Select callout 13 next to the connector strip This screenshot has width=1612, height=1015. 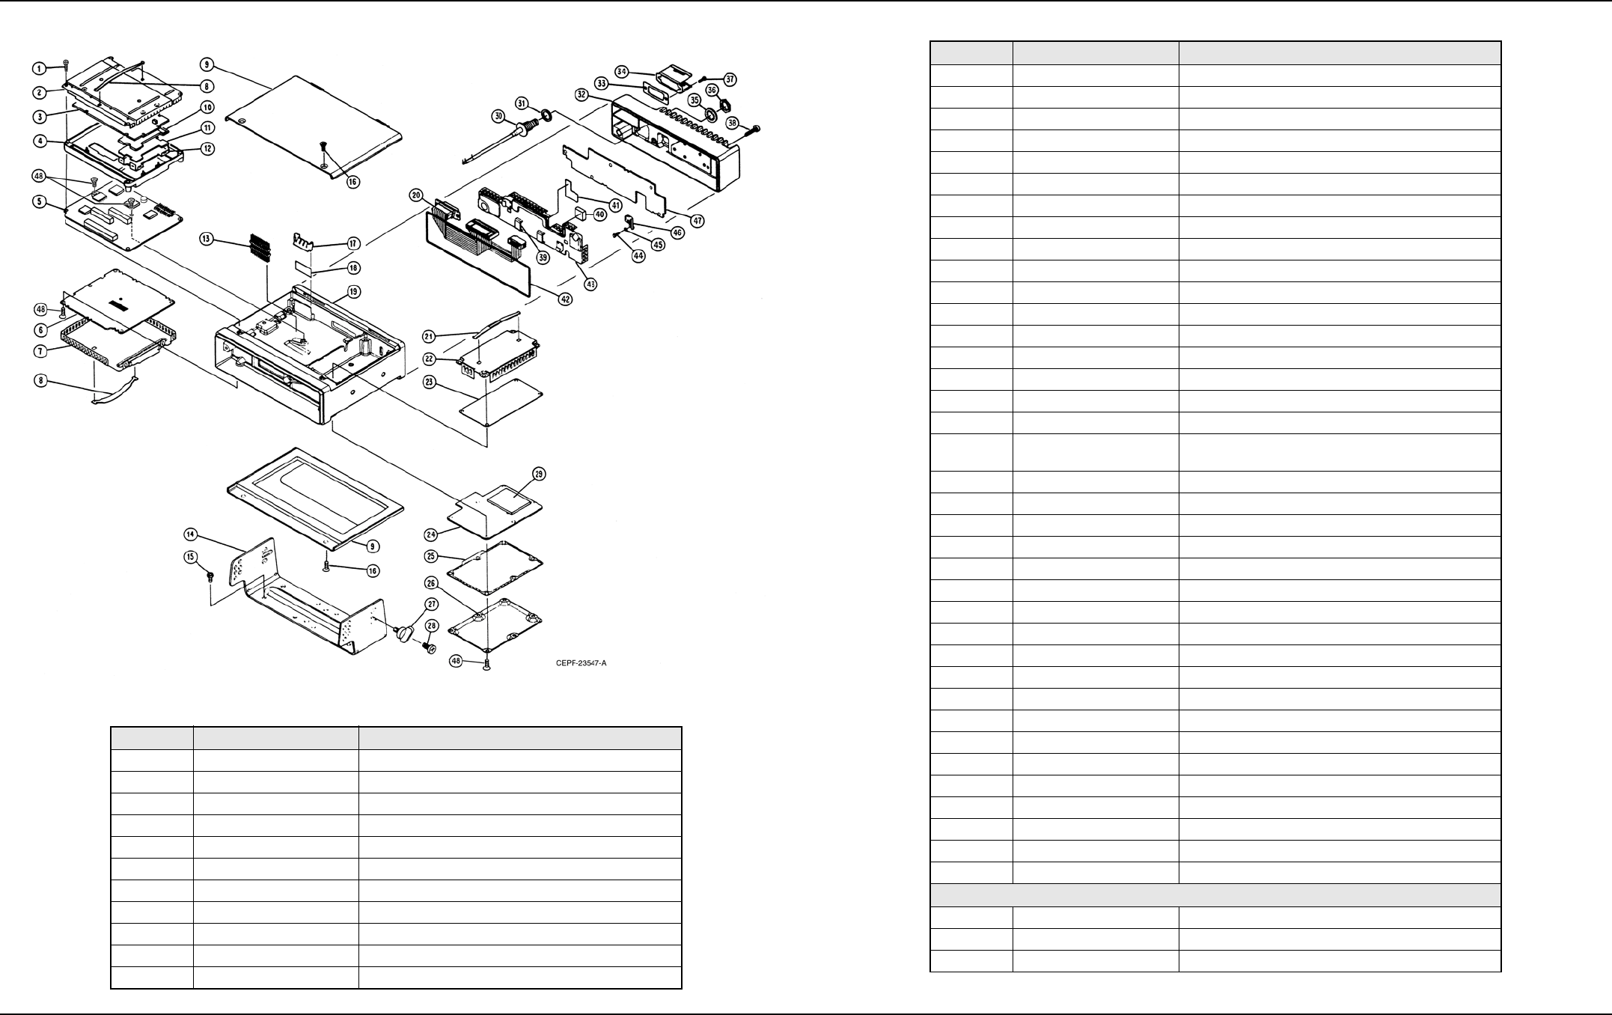click(206, 239)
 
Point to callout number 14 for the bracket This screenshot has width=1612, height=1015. click(191, 534)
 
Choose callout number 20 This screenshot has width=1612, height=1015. click(416, 195)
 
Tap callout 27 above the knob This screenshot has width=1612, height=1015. click(432, 604)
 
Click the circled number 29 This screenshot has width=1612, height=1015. click(539, 474)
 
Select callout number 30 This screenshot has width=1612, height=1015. click(498, 115)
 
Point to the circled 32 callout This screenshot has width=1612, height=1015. click(581, 94)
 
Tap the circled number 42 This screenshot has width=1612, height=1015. click(566, 299)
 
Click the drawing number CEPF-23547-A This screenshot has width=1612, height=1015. click(581, 663)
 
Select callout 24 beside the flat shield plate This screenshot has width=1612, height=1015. click(430, 534)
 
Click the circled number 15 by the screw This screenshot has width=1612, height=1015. click(191, 557)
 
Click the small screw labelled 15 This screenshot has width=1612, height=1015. click(210, 576)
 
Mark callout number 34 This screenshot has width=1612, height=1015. click(621, 71)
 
